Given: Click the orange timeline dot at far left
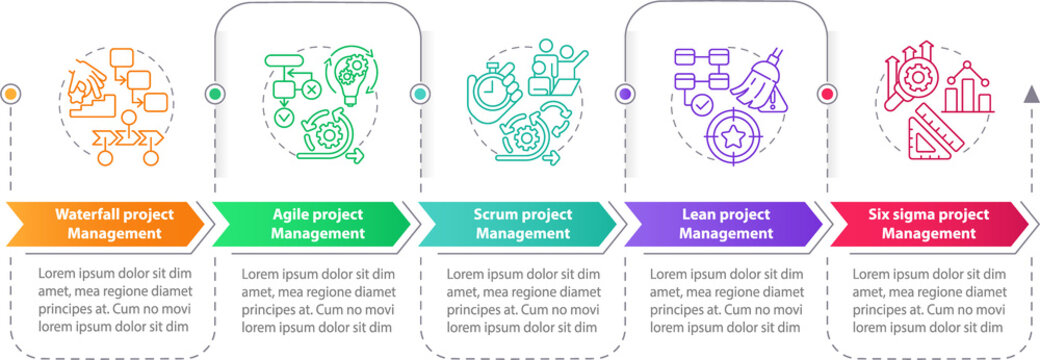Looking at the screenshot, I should (11, 94).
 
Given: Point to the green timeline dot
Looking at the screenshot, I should (215, 94).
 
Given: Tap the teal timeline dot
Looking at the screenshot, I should (420, 94).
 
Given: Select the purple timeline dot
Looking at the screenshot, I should (625, 94).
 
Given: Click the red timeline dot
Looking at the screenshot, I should (828, 94).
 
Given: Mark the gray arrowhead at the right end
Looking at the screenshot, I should (1030, 94).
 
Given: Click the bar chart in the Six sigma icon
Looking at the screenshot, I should (968, 90).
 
